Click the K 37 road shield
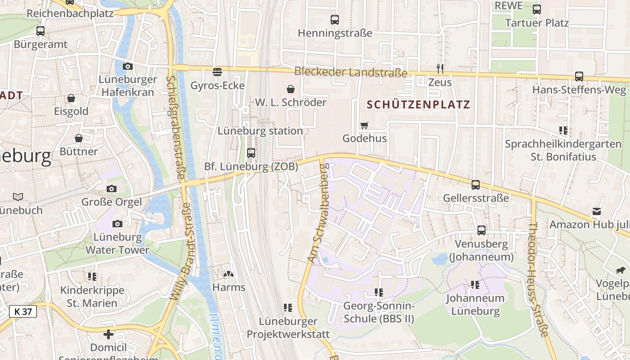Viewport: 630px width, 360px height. [x=23, y=311]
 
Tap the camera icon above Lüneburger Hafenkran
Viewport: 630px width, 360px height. [x=128, y=66]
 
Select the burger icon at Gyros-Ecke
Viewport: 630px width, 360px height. [x=217, y=72]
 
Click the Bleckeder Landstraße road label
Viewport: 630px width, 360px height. [x=351, y=72]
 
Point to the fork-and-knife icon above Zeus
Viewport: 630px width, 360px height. [x=440, y=68]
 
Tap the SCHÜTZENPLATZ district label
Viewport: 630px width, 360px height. [x=418, y=105]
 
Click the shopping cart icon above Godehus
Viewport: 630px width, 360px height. [x=364, y=125]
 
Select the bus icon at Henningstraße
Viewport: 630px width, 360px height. [x=334, y=20]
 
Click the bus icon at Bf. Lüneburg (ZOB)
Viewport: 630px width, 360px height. [x=251, y=153]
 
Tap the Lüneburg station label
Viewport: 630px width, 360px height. [x=260, y=131]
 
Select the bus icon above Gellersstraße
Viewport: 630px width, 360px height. [x=476, y=184]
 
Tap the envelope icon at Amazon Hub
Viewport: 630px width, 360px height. [x=597, y=211]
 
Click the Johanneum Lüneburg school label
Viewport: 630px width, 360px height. [x=475, y=305]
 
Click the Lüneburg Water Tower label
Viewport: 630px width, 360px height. [x=117, y=243]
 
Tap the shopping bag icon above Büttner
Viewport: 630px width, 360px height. [x=79, y=138]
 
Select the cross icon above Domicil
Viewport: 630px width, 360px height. [x=108, y=334]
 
